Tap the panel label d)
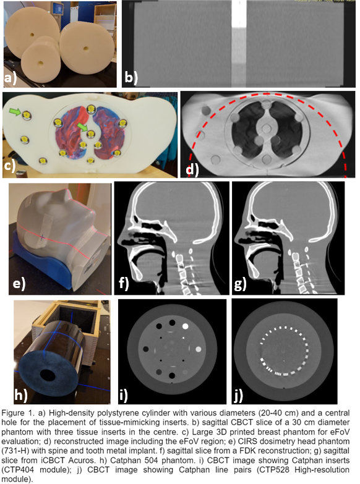(192, 169)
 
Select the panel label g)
(241, 284)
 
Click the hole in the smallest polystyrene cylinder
(40, 63)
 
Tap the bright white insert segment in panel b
(239, 14)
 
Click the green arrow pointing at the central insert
(82, 127)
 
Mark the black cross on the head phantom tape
(41, 237)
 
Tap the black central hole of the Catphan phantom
(48, 374)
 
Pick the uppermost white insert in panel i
(186, 326)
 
